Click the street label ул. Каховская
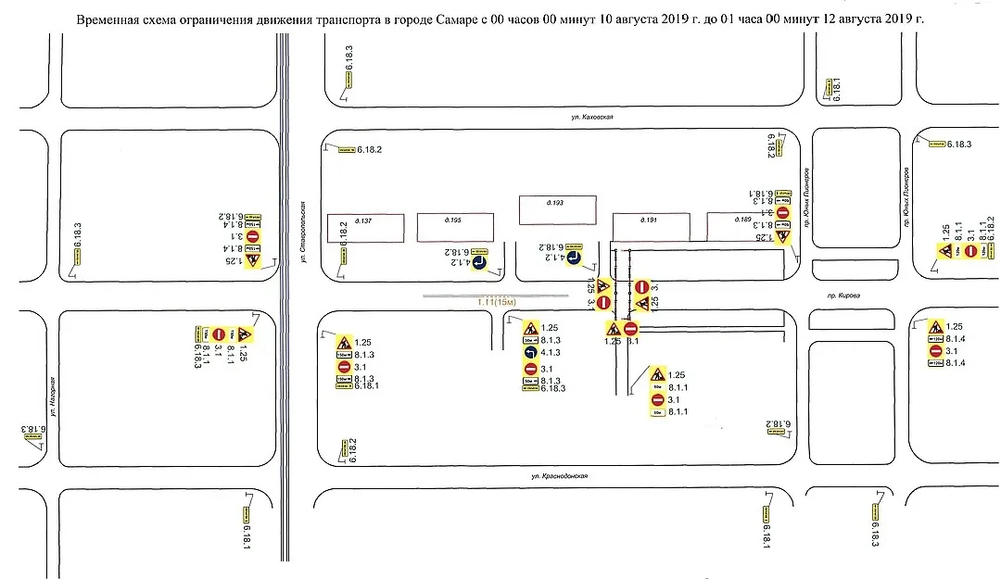pos(593,118)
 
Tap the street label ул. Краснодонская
pos(555,476)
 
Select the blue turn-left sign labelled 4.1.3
pos(529,353)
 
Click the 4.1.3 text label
pos(550,353)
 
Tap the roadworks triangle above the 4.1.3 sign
pos(530,328)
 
